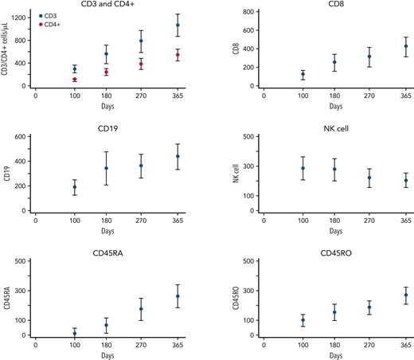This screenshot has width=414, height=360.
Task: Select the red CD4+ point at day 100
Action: (x=75, y=80)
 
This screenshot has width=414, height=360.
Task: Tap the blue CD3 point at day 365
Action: (x=178, y=25)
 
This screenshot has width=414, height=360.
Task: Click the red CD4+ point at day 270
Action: (x=141, y=64)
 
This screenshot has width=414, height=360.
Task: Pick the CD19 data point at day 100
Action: (x=75, y=187)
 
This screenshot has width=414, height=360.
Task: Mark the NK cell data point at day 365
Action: (x=405, y=181)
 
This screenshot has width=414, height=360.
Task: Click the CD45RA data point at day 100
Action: (x=75, y=333)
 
